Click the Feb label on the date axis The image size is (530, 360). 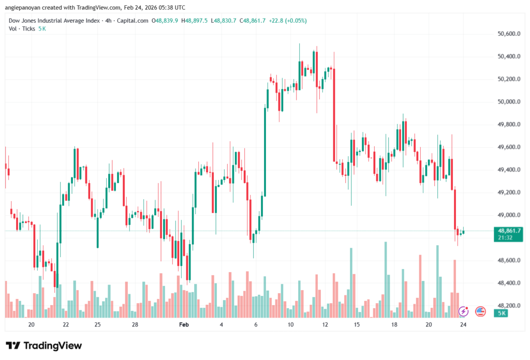(x=184, y=324)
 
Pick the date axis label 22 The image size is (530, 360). (x=66, y=324)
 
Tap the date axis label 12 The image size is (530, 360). (x=325, y=324)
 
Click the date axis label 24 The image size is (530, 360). (x=463, y=324)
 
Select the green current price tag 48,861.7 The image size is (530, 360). (x=508, y=230)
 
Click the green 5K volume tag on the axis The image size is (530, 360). (x=502, y=313)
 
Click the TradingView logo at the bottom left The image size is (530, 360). (x=43, y=346)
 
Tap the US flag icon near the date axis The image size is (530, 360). (x=480, y=311)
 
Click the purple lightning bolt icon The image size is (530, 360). (x=464, y=311)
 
